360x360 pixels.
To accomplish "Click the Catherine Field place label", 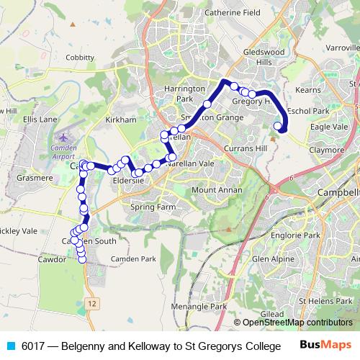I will click(232, 12).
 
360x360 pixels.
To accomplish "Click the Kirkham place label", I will click(120, 120).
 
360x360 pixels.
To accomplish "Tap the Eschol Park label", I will click(307, 112).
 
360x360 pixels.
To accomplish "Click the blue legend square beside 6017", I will click(9, 346).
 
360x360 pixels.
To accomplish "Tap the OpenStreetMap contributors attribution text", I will click(297, 323).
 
